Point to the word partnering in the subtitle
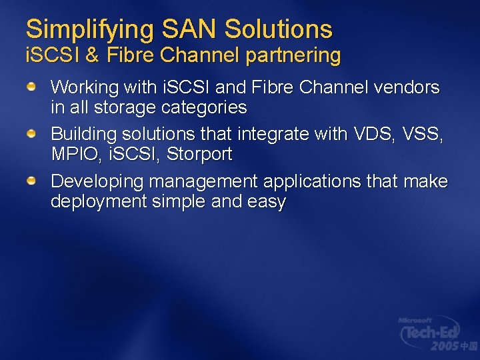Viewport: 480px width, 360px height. pyautogui.click(x=293, y=56)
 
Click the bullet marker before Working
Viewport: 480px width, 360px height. pyautogui.click(x=31, y=87)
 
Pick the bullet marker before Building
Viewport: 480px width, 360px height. pyautogui.click(x=31, y=135)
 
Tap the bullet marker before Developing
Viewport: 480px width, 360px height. pyautogui.click(x=31, y=181)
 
